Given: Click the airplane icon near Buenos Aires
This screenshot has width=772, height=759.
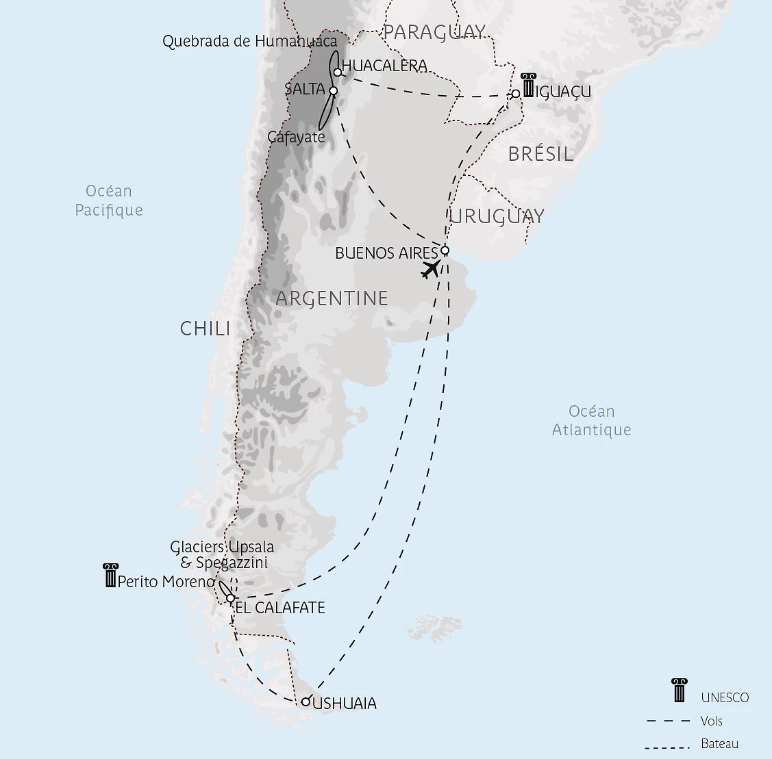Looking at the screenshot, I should [431, 269].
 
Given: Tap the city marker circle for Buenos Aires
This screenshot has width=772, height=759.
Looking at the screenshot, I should [445, 250].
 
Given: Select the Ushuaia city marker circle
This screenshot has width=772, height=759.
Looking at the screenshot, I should [306, 702].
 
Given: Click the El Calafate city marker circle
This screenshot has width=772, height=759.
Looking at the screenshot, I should [231, 598].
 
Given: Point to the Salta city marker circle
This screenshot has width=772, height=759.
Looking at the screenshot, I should [334, 90].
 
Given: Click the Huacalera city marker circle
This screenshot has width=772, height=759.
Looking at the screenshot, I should [338, 72].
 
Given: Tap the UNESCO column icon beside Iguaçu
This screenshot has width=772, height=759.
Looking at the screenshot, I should [527, 85].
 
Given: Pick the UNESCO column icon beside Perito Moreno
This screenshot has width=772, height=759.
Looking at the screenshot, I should [110, 576].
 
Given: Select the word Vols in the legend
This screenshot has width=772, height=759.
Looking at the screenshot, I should [712, 721].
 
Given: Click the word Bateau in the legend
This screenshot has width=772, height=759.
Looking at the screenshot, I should [720, 743].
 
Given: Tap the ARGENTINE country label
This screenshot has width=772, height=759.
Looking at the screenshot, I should [332, 298].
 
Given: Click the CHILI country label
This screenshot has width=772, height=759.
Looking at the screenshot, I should [205, 329].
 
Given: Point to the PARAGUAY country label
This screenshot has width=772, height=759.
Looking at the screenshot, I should [434, 32].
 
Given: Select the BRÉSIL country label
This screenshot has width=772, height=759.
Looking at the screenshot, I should [540, 154].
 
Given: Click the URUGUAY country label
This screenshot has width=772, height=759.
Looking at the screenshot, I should [497, 216].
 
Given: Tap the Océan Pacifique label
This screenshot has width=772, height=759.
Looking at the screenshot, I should [109, 201].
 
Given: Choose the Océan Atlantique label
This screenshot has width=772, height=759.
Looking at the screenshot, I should [592, 420].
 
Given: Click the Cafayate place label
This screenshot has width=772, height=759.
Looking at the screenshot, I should [296, 137].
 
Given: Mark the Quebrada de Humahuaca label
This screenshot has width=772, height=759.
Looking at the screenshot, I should [250, 42].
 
